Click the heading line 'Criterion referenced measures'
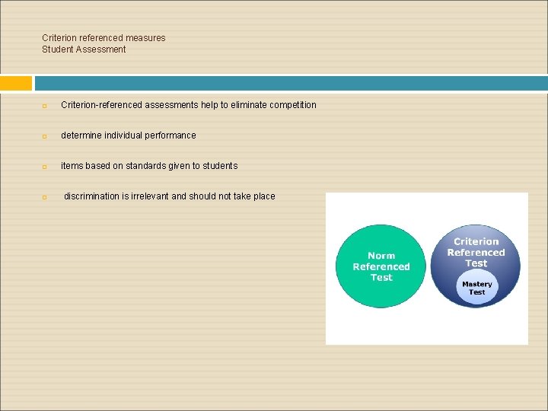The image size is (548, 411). (x=104, y=38)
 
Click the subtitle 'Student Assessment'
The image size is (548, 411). (x=84, y=49)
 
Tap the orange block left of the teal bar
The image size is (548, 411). (x=16, y=83)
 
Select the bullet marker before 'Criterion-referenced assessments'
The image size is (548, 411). (x=45, y=106)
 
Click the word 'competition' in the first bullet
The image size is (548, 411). (x=292, y=105)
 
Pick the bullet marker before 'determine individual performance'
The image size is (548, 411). (x=45, y=136)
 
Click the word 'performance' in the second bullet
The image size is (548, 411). (x=170, y=135)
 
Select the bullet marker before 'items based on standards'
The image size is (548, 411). (x=45, y=167)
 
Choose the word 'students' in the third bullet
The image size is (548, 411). (x=219, y=166)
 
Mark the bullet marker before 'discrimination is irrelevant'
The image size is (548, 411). (x=45, y=197)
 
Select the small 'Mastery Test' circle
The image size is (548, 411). (x=476, y=288)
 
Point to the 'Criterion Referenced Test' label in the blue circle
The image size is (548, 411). (x=476, y=252)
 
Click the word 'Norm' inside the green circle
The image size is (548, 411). (x=381, y=256)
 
